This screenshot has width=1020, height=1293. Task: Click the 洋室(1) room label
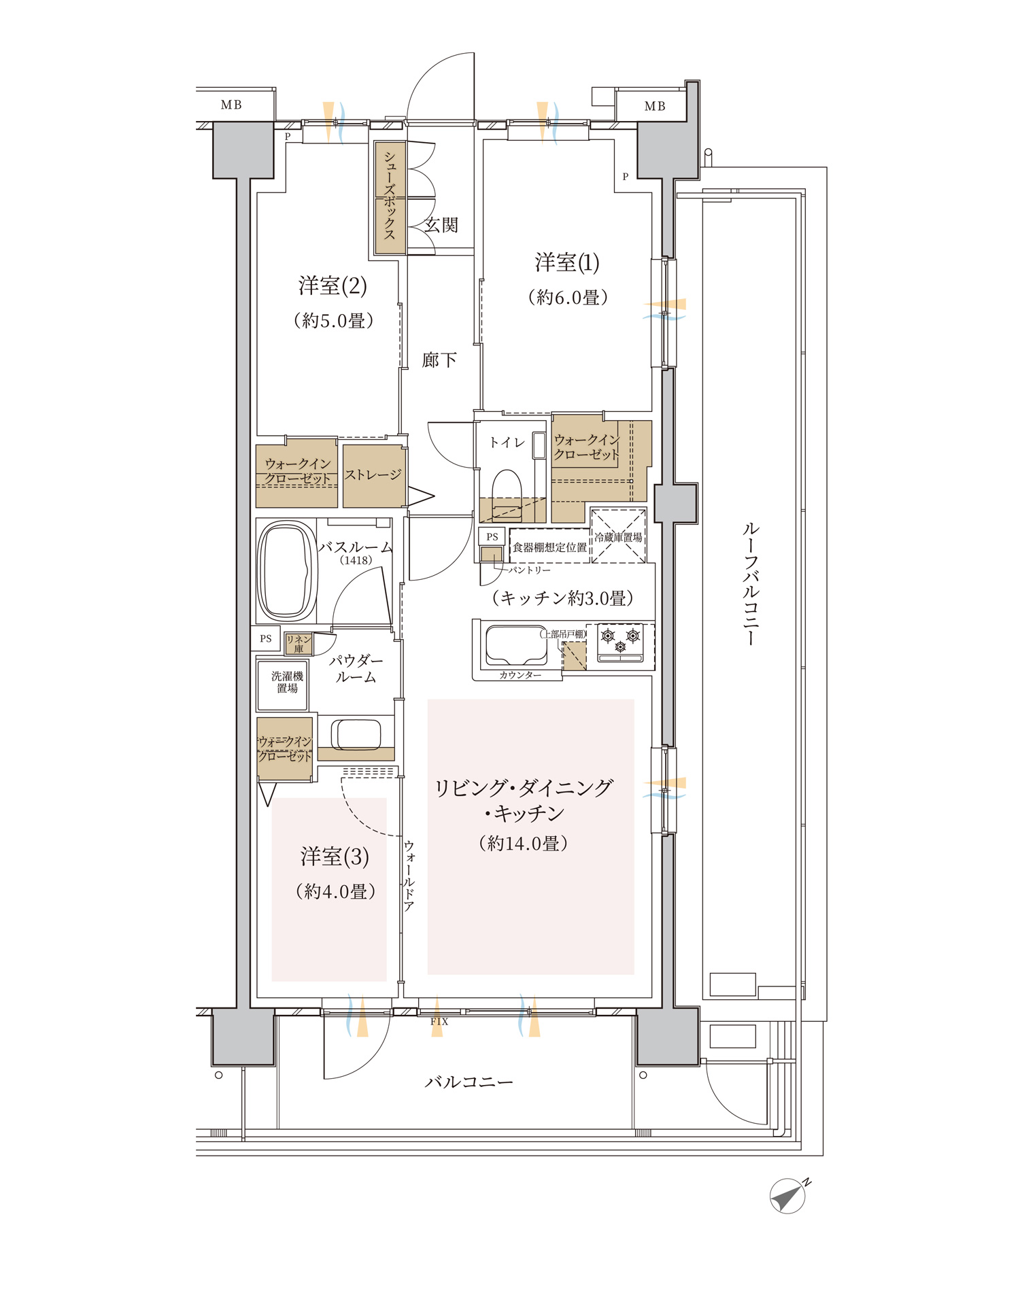pos(567,262)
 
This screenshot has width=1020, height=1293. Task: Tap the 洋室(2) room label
pos(333,286)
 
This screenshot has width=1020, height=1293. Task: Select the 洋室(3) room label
pos(335,857)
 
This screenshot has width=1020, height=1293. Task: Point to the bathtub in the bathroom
pos(287,571)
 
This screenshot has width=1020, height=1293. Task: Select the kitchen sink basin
pos(516,644)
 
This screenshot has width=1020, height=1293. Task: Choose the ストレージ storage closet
pos(374,476)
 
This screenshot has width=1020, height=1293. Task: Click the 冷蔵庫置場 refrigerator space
pos(618,536)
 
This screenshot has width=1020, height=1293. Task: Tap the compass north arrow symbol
pos(789,1196)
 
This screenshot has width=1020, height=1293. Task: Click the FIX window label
pos(439,1022)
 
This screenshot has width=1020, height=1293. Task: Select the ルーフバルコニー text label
pos(751,583)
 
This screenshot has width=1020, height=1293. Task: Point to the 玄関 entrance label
pos(441,225)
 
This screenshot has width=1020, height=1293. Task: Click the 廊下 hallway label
pos(439,360)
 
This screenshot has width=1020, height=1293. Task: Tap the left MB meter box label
pos(231,105)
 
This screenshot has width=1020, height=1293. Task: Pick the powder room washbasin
pos(356,734)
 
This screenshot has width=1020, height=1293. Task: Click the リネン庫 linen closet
pos(299,644)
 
